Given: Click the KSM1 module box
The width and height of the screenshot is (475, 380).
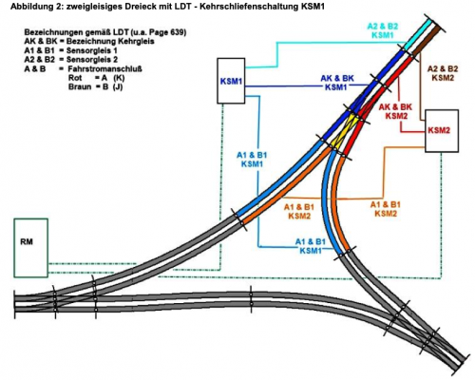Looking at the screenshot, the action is point(231,81).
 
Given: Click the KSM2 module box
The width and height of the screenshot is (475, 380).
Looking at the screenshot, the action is point(442,131).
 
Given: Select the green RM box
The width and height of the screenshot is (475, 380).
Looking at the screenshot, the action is point(30,248).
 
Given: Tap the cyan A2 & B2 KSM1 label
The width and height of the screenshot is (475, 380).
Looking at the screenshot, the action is point(382,30).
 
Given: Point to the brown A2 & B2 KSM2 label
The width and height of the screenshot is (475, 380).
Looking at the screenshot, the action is point(443,73).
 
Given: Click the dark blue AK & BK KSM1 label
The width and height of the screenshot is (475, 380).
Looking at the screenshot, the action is point(337,83).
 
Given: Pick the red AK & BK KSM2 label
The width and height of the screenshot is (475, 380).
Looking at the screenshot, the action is point(396,111).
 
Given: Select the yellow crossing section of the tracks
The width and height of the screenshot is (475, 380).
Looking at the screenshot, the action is point(345,132).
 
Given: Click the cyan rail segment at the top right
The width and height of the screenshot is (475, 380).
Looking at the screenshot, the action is point(417,33).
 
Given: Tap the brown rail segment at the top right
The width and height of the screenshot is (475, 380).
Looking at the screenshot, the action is point(427,42).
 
